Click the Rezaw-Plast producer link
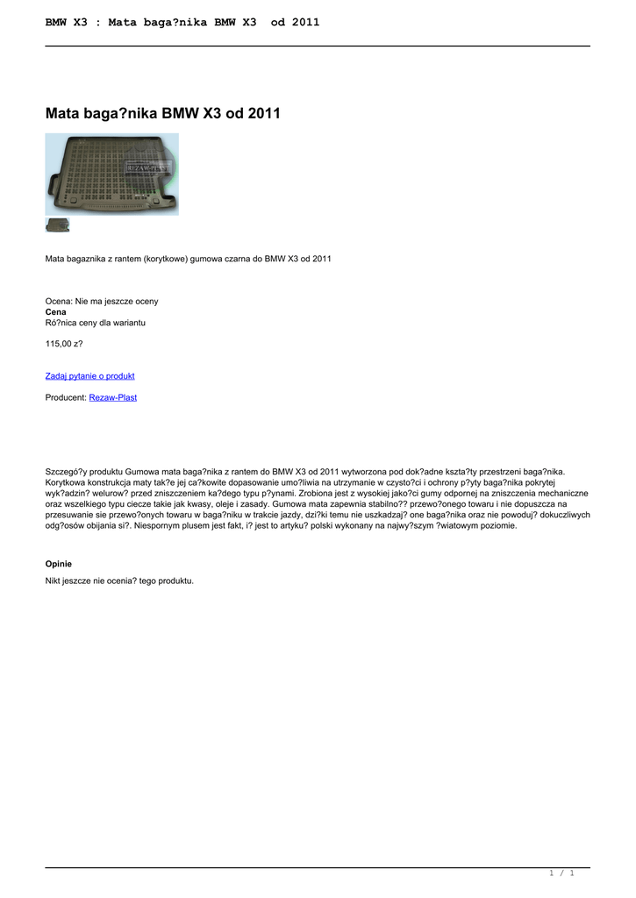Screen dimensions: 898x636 point(112,397)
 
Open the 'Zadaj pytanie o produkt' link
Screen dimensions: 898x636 point(89,375)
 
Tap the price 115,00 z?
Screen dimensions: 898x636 point(64,344)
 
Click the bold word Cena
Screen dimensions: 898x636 point(55,311)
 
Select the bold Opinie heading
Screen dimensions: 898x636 point(59,563)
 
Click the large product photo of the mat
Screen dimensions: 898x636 point(111,174)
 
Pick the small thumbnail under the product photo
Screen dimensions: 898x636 point(57,225)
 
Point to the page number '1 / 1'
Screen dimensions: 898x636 point(561,873)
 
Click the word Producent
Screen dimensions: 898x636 point(66,397)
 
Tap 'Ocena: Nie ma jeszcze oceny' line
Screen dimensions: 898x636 point(102,301)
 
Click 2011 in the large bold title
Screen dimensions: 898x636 point(264,113)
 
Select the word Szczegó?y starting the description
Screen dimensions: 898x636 point(66,471)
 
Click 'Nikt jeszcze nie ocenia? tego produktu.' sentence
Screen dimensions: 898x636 point(119,581)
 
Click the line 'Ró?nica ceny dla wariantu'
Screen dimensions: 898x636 point(95,322)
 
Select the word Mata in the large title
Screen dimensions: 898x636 point(61,113)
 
